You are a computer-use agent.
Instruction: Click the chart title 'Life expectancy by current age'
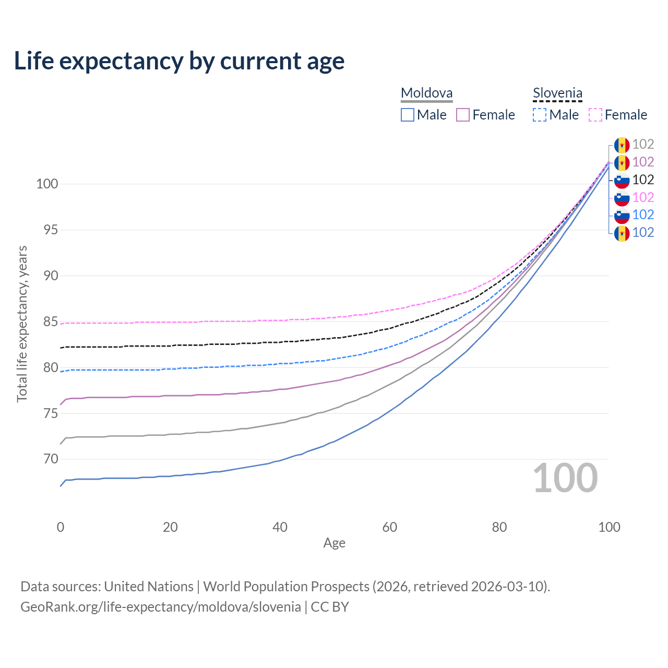click(179, 61)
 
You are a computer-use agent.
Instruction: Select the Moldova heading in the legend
click(426, 93)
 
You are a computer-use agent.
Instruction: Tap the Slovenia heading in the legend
click(557, 93)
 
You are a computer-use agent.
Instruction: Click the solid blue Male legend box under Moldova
click(408, 115)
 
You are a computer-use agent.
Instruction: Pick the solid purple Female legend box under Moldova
click(463, 115)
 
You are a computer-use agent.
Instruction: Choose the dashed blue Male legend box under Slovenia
click(540, 115)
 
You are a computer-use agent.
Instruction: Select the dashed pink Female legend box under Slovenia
click(595, 115)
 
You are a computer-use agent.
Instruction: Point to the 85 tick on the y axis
click(51, 322)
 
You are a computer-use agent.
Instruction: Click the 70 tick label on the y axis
click(51, 459)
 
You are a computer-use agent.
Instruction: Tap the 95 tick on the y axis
click(51, 230)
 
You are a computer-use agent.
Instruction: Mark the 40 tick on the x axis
click(280, 527)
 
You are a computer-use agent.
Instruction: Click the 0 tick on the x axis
click(61, 527)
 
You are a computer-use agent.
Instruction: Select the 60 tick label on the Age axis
click(390, 527)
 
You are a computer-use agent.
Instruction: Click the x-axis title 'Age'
click(334, 543)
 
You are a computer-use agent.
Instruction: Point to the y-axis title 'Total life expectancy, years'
click(22, 324)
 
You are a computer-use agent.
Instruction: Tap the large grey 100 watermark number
click(565, 478)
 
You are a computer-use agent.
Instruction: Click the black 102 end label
click(643, 180)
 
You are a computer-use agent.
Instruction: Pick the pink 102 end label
click(643, 197)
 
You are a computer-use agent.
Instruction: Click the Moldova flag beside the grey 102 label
click(622, 145)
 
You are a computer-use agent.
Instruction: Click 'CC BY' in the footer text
click(330, 607)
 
